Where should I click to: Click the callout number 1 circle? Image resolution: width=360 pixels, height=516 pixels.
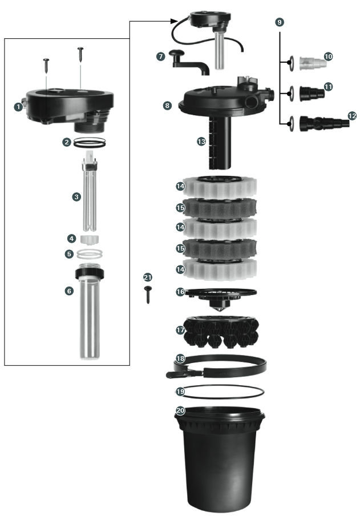[x=19, y=106]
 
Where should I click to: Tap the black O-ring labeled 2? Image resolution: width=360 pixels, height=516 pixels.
[x=90, y=143]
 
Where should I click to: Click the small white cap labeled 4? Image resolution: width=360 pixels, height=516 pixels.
[x=88, y=238]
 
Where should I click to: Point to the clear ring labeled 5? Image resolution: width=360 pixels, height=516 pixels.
[x=89, y=253]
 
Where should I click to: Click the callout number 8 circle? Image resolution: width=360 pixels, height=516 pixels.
[x=167, y=106]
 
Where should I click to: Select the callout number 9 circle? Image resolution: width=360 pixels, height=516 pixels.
[x=279, y=22]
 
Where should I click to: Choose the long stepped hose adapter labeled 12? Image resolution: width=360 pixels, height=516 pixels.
[x=322, y=122]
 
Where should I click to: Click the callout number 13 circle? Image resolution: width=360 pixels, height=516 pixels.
[x=201, y=141]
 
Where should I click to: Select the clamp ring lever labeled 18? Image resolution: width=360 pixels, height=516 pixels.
[x=176, y=374]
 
